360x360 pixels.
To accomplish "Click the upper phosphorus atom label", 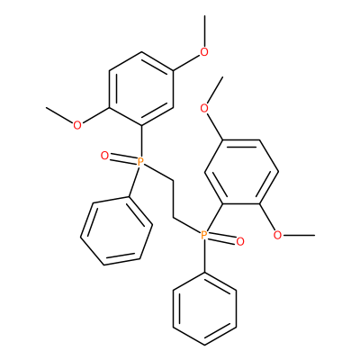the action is tap(140, 162).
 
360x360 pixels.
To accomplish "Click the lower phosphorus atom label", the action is tap(203, 235).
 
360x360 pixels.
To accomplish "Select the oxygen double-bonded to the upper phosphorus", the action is tap(104, 156).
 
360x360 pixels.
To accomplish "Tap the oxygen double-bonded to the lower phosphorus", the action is tap(240, 241).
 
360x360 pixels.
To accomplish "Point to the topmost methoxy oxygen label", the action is tap(204, 52).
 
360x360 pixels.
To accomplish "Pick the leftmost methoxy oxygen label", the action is tap(77, 125).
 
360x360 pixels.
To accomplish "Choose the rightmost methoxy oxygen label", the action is tap(278, 235).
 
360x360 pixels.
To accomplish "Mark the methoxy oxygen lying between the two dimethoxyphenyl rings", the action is tap(204, 108).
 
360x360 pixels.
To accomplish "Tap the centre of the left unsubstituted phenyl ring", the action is tap(116, 231).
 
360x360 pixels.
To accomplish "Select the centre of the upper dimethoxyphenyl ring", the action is tap(141, 89).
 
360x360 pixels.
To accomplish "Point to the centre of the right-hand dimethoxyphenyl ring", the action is tap(241, 172).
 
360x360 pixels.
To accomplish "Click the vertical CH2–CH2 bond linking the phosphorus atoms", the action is tap(173, 199).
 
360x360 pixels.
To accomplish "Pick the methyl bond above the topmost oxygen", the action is tap(204, 31).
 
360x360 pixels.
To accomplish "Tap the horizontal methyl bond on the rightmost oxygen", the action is tap(299, 235).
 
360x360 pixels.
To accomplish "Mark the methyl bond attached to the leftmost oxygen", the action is tap(59, 114).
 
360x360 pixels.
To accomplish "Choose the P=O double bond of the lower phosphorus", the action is tap(221, 238).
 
